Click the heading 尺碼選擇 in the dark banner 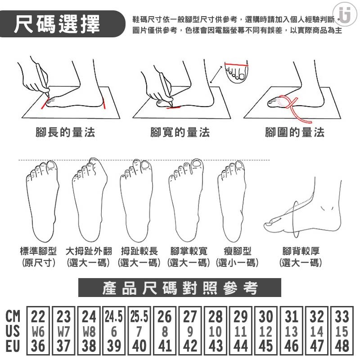57,24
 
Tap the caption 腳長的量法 65,132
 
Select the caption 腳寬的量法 180,132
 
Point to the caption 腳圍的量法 295,132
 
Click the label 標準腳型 38,251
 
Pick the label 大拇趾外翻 89,251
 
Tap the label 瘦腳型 238,251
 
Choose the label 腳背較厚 301,251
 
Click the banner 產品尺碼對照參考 180,288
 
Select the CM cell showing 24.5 114,316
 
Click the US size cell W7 63,332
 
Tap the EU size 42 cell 190,346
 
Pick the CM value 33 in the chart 342,316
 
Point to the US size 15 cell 342,332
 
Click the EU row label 13,346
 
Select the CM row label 13,316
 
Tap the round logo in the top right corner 345,14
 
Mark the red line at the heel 104,103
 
